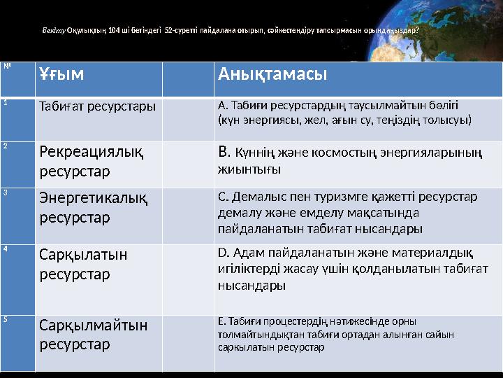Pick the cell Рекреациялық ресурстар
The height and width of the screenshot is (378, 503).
coord(92,160)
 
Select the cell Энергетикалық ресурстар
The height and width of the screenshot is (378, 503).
coord(93,208)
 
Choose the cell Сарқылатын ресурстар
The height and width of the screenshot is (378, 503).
coord(83,264)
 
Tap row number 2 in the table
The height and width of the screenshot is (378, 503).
coord(5,146)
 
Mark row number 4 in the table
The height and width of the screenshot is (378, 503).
coord(5,248)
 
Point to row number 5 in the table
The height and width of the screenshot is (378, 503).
coord(5,319)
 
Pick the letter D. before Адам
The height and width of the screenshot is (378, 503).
coord(223,253)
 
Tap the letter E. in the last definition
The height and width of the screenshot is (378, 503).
coord(221,322)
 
